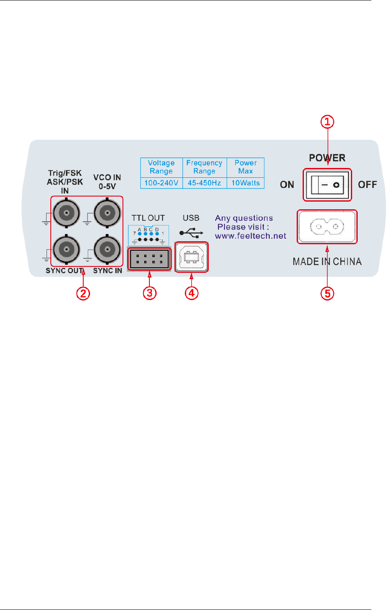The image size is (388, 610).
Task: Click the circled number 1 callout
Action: pos(327,122)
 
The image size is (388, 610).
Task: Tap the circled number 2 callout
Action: pos(83,293)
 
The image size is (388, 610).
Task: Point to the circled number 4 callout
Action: pos(192,293)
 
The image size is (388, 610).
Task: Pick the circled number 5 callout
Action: pos(327,293)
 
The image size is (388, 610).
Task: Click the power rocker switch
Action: pos(327,185)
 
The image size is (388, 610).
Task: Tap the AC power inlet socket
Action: pos(327,227)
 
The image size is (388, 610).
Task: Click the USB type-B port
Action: pos(192,257)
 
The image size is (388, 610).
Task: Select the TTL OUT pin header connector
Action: pos(149,258)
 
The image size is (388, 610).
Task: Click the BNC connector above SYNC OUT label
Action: pos(65,248)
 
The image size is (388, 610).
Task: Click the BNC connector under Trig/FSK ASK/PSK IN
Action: pos(65,212)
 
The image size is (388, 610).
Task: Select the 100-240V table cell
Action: pos(161,183)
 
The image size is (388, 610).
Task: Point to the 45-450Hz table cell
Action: pos(204,183)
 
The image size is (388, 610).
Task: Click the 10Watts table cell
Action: pos(245,183)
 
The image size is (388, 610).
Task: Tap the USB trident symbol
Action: pos(192,233)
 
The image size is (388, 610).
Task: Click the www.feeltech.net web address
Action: pos(251,236)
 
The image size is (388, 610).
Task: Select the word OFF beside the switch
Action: pos(368,185)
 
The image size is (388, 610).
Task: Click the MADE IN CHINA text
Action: pos(327,261)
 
